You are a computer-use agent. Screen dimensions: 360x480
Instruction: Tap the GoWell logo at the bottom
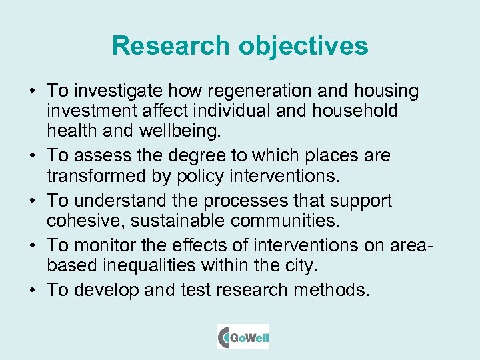tap(243, 337)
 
